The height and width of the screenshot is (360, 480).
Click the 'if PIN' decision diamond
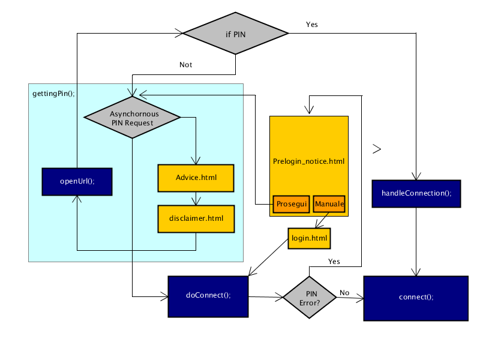235,34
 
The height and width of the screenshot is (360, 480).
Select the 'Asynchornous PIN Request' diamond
132,117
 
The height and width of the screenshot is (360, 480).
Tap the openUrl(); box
77,182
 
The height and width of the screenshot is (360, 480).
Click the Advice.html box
196,178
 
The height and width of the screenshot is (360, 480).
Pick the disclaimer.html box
196,219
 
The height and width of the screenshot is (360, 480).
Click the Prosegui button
292,204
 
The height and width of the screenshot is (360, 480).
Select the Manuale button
329,204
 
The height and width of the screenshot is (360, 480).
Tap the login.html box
309,238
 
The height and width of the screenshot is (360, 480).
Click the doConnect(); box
208,296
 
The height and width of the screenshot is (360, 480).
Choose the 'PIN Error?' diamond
310,297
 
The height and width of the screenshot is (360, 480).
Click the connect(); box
416,298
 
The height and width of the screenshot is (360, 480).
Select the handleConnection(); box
416,194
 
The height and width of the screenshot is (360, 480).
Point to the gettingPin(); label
53,94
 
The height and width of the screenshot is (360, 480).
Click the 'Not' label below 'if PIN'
185,65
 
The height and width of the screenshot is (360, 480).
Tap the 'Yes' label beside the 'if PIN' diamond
312,25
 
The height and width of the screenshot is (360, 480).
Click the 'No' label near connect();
344,293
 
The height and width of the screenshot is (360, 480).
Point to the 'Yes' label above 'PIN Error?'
334,262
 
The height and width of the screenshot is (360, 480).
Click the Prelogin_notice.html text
308,161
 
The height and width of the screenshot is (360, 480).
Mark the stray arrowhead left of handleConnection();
377,149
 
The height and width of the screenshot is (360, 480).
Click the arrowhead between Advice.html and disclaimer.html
196,201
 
